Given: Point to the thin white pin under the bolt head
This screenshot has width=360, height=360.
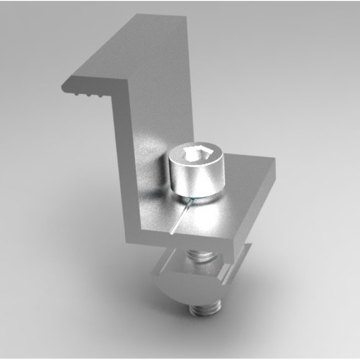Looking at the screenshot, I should (x=180, y=219).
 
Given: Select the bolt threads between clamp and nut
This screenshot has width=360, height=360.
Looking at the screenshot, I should (x=203, y=257).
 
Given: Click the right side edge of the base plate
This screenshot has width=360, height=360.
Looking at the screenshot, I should (x=261, y=202).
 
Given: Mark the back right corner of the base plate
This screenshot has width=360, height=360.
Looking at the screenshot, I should (x=274, y=160).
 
